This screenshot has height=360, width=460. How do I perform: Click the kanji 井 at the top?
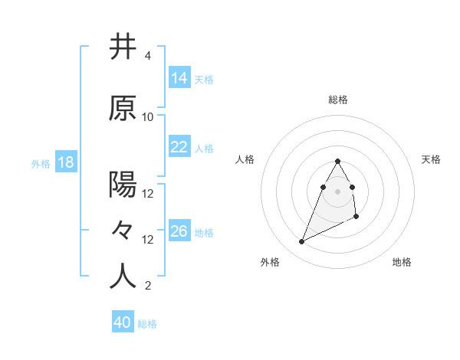[123, 47]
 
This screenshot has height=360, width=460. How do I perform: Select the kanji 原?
[123, 109]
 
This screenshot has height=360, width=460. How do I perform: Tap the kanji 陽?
[123, 185]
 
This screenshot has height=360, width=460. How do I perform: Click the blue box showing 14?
[179, 78]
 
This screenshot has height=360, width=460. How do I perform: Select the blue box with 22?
[179, 147]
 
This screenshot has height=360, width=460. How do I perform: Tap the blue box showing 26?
[179, 231]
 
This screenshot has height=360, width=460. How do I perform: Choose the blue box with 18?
[65, 162]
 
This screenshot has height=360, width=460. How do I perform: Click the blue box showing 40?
[123, 322]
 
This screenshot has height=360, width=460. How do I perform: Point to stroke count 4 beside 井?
[147, 56]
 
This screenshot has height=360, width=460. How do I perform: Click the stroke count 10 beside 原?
[148, 117]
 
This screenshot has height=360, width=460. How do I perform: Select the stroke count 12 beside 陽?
[148, 194]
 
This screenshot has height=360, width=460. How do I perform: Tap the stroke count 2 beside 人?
[147, 286]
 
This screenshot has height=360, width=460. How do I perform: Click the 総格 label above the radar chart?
[338, 100]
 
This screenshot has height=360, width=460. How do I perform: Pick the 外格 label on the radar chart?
[270, 262]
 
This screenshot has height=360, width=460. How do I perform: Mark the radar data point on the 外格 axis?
[301, 242]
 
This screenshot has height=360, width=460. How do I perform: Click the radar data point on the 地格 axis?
[356, 218]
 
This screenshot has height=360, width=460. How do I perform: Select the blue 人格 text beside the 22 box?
[204, 148]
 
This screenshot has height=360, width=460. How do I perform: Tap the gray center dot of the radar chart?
[338, 191]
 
